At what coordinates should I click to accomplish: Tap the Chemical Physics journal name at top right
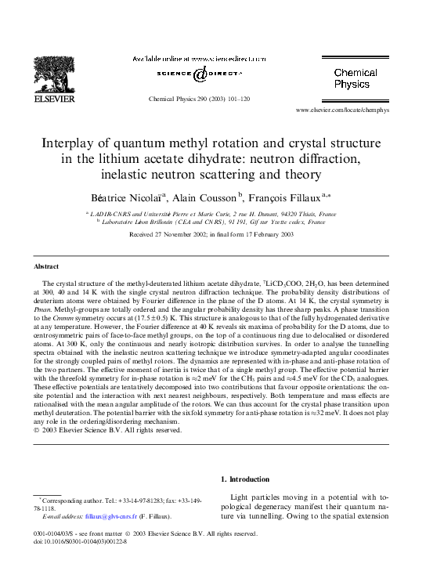356,78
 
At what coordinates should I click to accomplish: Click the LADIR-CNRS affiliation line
213,213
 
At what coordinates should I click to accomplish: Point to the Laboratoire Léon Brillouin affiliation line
213,222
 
